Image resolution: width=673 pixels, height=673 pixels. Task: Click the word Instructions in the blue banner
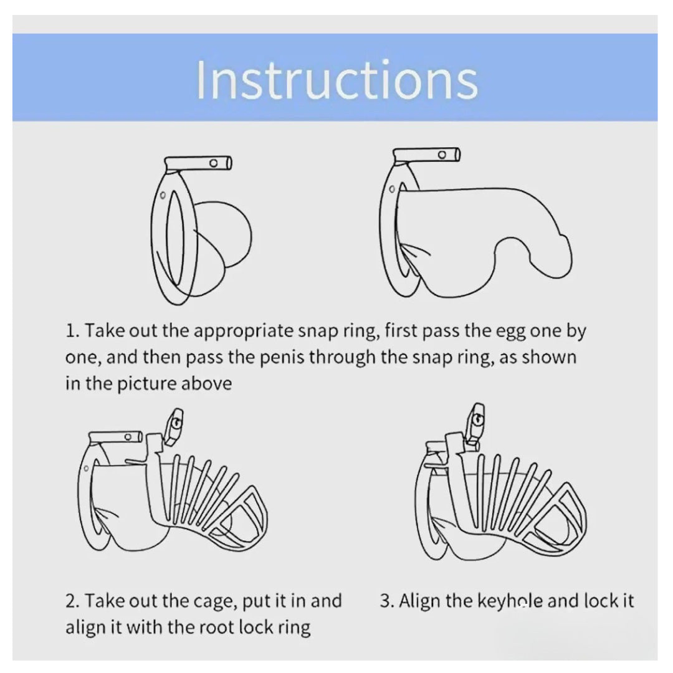point(337,80)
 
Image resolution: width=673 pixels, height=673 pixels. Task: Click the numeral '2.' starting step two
point(73,601)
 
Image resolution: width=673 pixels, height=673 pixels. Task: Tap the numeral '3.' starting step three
point(387,601)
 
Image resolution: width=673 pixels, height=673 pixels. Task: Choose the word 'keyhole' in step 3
point(512,601)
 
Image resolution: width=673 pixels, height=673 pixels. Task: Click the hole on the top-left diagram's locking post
point(213,163)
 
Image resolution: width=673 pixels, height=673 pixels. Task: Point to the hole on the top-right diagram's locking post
point(442,155)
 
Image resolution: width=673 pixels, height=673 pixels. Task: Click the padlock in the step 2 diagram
point(174,427)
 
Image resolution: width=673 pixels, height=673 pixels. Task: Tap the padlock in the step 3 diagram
point(475,422)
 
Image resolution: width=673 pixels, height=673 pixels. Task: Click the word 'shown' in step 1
point(548,357)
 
